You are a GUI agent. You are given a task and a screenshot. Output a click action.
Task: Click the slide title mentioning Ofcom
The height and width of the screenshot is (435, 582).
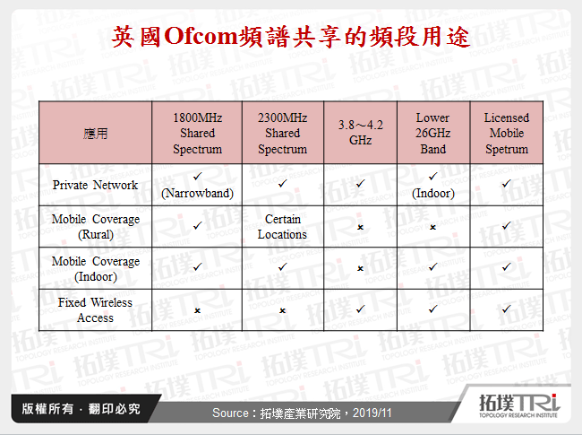click(x=291, y=37)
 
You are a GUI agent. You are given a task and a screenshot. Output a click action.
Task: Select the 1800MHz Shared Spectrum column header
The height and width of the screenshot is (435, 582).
click(x=197, y=134)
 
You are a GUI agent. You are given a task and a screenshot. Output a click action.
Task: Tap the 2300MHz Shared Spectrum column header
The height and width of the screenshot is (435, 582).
click(x=282, y=134)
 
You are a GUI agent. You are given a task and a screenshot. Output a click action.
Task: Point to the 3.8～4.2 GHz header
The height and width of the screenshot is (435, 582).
click(x=361, y=133)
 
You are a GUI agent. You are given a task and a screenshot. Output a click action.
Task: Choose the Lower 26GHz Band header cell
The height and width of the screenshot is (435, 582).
click(x=432, y=134)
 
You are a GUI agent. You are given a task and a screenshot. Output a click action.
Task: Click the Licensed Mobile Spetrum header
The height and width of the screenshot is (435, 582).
click(x=507, y=134)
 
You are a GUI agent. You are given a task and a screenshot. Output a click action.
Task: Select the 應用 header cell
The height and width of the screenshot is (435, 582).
click(x=96, y=134)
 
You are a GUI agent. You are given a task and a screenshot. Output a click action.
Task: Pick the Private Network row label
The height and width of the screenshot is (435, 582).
click(x=96, y=185)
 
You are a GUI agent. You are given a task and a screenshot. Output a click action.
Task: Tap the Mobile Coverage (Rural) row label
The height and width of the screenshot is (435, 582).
click(x=96, y=227)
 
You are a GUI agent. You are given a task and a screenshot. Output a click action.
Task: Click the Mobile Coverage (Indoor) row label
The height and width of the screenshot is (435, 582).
click(x=96, y=269)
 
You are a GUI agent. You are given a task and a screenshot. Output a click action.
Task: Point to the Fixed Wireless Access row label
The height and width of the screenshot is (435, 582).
click(x=96, y=310)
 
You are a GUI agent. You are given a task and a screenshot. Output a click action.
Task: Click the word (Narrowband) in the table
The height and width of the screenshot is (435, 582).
click(x=197, y=193)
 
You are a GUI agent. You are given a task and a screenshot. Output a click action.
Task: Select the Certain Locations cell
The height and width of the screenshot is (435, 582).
click(x=282, y=227)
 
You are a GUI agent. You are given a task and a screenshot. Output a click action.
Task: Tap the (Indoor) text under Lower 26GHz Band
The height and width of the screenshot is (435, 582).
click(x=432, y=193)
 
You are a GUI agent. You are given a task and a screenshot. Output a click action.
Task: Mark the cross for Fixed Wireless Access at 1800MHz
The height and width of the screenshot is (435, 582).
click(x=197, y=310)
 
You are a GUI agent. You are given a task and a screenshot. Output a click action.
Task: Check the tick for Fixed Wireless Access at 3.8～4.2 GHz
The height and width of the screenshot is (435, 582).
click(x=361, y=309)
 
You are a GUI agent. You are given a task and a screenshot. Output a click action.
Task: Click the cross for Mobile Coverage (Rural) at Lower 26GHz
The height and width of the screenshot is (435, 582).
click(x=432, y=228)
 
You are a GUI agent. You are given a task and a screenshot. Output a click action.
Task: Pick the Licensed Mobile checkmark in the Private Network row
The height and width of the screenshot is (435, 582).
click(x=507, y=184)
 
